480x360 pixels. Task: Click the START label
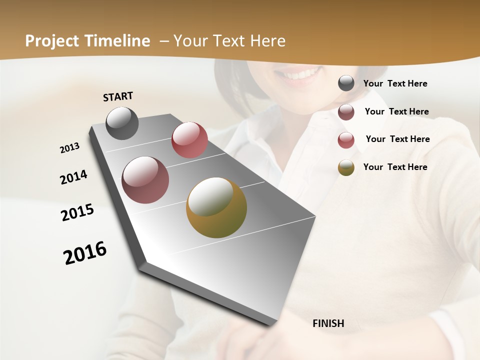pos(118,96)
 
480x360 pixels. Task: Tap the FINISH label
pos(328,323)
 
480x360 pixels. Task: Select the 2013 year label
pos(70,148)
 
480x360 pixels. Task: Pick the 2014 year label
pos(73,177)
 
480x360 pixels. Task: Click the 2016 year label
pos(85,253)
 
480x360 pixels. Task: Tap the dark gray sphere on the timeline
pos(122,123)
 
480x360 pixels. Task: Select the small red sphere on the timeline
pos(189,139)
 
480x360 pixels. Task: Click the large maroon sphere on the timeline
pos(145,180)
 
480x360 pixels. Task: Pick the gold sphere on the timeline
pos(216,207)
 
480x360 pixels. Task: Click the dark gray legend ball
pos(346,83)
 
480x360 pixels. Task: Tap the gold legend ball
pos(346,167)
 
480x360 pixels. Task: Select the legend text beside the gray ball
pos(395,83)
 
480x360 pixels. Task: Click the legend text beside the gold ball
pos(395,167)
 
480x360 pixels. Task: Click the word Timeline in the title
pos(118,41)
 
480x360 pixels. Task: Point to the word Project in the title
pos(52,41)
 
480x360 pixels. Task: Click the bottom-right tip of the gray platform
pos(272,324)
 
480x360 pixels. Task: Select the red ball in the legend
pos(346,140)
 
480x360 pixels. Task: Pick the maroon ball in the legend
pos(346,112)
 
